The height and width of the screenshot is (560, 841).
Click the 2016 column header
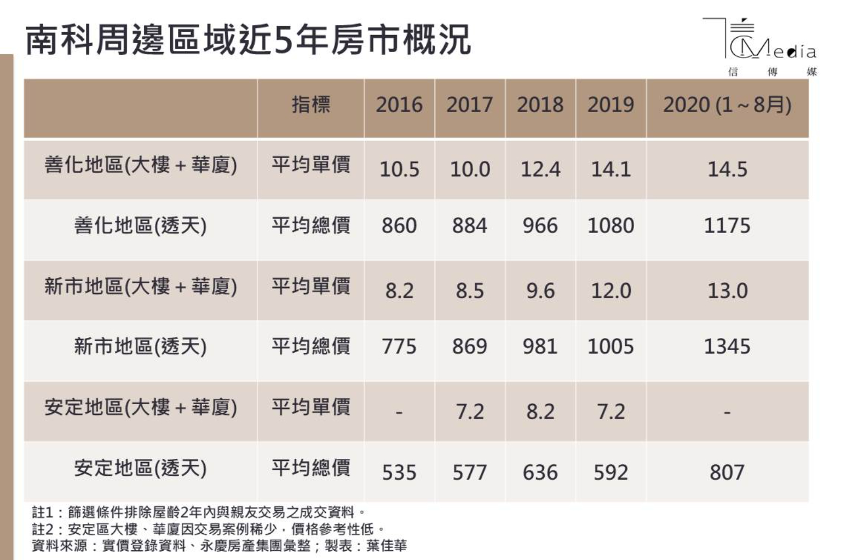coord(399,105)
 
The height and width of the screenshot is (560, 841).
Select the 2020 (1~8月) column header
coord(727,105)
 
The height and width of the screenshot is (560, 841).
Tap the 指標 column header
coord(310,104)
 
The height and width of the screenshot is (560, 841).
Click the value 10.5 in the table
coord(399,170)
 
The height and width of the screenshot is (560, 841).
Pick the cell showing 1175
coord(727,226)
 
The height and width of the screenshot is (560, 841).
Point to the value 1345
coord(727,347)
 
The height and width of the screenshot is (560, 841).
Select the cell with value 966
coord(540,226)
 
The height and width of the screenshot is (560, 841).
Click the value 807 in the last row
coord(727,472)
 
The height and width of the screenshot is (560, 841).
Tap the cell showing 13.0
coord(727,291)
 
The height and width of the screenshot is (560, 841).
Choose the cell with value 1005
coord(610,347)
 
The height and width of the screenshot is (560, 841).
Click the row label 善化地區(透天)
coord(140,225)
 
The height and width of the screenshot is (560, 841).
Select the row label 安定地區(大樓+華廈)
coord(140,407)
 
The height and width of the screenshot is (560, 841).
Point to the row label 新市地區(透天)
coord(140,347)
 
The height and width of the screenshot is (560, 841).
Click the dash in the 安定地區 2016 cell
coord(399,412)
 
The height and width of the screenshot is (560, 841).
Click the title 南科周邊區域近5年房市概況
coord(248,40)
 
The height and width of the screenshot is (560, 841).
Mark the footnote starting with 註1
coord(198,512)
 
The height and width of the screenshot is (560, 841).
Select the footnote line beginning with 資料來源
coord(219,546)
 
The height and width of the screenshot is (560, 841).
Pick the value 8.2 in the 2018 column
coord(540,412)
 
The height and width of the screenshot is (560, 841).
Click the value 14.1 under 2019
coord(610,170)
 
